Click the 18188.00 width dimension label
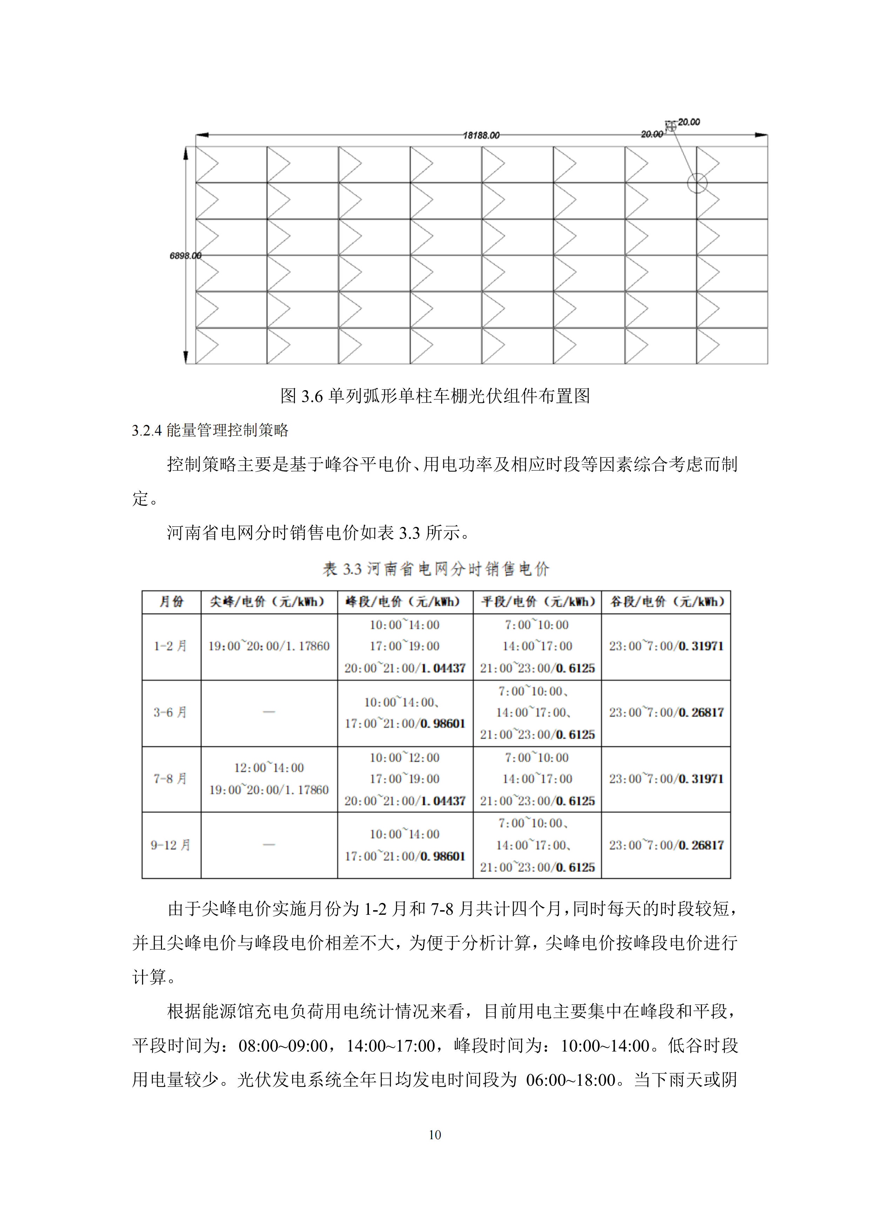[481, 135]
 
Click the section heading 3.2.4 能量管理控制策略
[210, 430]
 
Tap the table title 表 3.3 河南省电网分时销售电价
[436, 569]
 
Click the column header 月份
[171, 602]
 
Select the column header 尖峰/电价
[268, 602]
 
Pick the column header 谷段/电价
[666, 602]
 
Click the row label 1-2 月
[170, 646]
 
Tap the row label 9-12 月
[170, 845]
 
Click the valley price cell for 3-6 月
[666, 712]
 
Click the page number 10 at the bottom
[434, 1135]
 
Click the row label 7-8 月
[170, 778]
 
